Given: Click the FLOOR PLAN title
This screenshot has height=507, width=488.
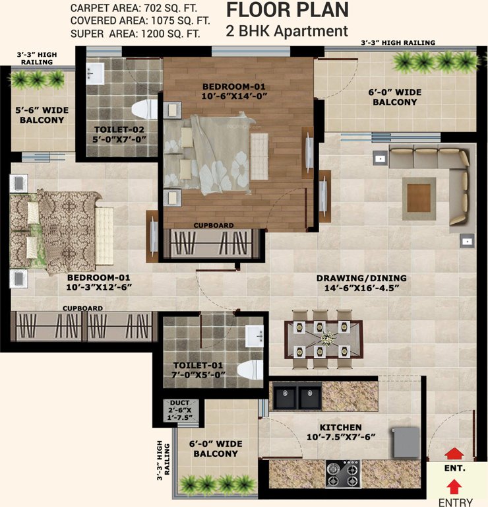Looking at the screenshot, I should point(288,10).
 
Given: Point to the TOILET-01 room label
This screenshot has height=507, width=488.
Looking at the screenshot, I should point(197,365).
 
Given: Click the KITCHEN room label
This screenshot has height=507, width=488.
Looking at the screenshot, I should point(340,427).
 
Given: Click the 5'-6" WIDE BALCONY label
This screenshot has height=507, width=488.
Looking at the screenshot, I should point(42,115).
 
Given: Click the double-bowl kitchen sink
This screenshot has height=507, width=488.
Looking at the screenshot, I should point(297,398).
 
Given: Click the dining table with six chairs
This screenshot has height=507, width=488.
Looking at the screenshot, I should point(323,339).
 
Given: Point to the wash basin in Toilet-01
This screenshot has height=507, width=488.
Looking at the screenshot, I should point(253,338).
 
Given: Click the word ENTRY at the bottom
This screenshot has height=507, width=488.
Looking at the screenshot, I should point(456,502).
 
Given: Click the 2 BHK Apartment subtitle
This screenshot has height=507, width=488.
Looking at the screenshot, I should point(288,30).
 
